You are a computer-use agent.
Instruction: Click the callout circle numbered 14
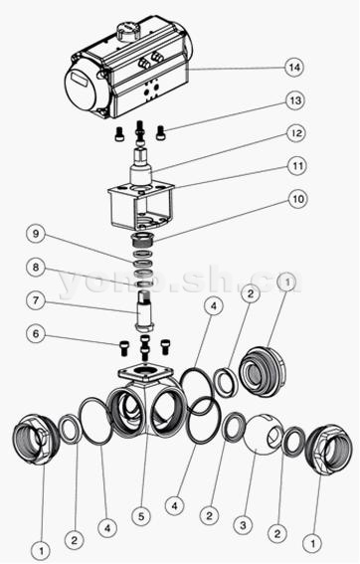tap(294, 68)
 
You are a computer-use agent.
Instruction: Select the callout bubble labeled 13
tap(295, 100)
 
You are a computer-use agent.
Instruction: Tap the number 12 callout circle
tap(296, 133)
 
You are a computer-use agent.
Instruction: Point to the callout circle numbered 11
tap(297, 166)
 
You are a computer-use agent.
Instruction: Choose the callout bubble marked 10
tap(298, 199)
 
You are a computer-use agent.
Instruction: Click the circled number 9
tap(36, 234)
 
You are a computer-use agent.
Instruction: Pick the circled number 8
tap(36, 268)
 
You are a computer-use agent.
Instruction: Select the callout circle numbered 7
tap(36, 300)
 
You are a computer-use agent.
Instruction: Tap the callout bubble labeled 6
tap(36, 333)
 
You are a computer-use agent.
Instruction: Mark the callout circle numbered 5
tap(141, 517)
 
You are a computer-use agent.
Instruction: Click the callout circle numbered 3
tap(244, 525)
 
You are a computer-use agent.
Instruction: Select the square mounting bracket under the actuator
tap(141, 206)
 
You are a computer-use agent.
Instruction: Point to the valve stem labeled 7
tap(144, 310)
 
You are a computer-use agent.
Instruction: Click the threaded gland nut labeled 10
tap(143, 239)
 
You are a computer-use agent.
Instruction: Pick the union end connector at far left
tap(33, 440)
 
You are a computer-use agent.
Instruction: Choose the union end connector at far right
tap(327, 450)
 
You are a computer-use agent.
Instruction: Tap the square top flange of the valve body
tap(145, 373)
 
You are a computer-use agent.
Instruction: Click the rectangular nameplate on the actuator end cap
tap(81, 79)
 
